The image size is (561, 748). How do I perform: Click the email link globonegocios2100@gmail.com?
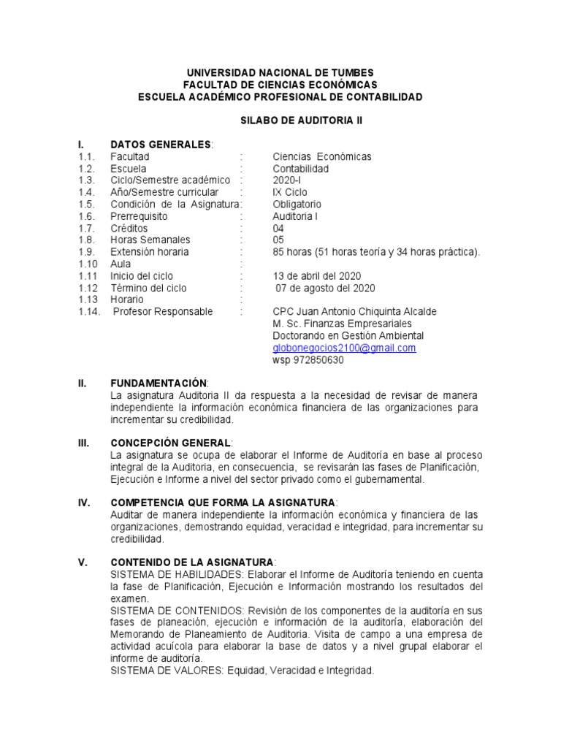(344, 348)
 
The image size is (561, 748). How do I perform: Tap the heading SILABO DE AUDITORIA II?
(280, 121)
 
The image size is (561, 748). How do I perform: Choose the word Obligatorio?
(297, 205)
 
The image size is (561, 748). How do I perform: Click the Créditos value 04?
(278, 228)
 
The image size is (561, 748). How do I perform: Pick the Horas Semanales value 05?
(278, 240)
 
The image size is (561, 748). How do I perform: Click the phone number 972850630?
(318, 360)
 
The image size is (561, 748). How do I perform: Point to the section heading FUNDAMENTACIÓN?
(159, 383)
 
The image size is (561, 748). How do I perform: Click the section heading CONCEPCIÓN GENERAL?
(171, 443)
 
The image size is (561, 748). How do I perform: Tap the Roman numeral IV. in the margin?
(83, 503)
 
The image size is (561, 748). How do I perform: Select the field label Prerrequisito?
(139, 216)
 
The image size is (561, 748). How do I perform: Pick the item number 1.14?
(88, 312)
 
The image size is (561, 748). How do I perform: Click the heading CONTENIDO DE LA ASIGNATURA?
(191, 562)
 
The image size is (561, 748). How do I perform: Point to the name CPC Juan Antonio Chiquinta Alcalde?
(354, 312)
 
